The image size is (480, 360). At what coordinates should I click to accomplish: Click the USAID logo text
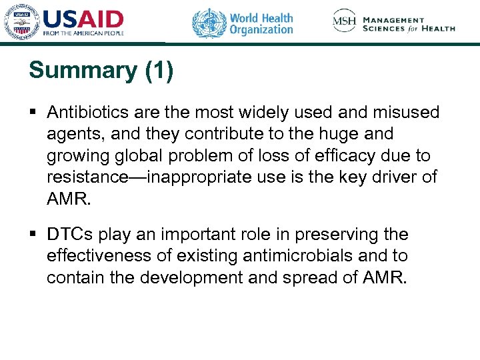83,19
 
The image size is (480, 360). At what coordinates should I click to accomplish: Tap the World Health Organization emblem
209,23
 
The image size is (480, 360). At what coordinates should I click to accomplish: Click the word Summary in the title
83,71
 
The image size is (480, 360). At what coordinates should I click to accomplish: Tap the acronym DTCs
69,235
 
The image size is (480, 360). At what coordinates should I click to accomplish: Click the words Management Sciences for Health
409,24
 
